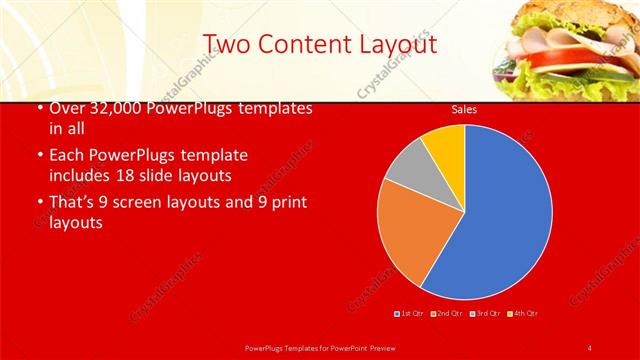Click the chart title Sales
(463, 109)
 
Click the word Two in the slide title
(228, 44)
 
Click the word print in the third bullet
(287, 202)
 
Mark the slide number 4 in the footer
(589, 347)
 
